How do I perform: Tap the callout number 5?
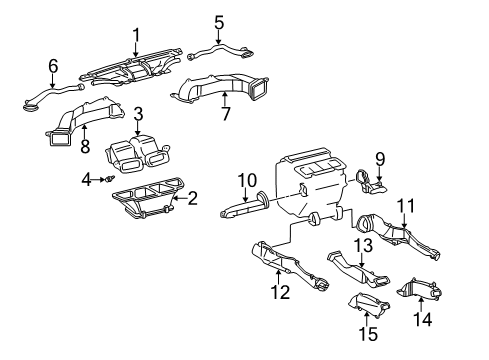219,20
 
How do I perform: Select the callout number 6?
53,66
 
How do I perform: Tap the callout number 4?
85,179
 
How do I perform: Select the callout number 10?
242,180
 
